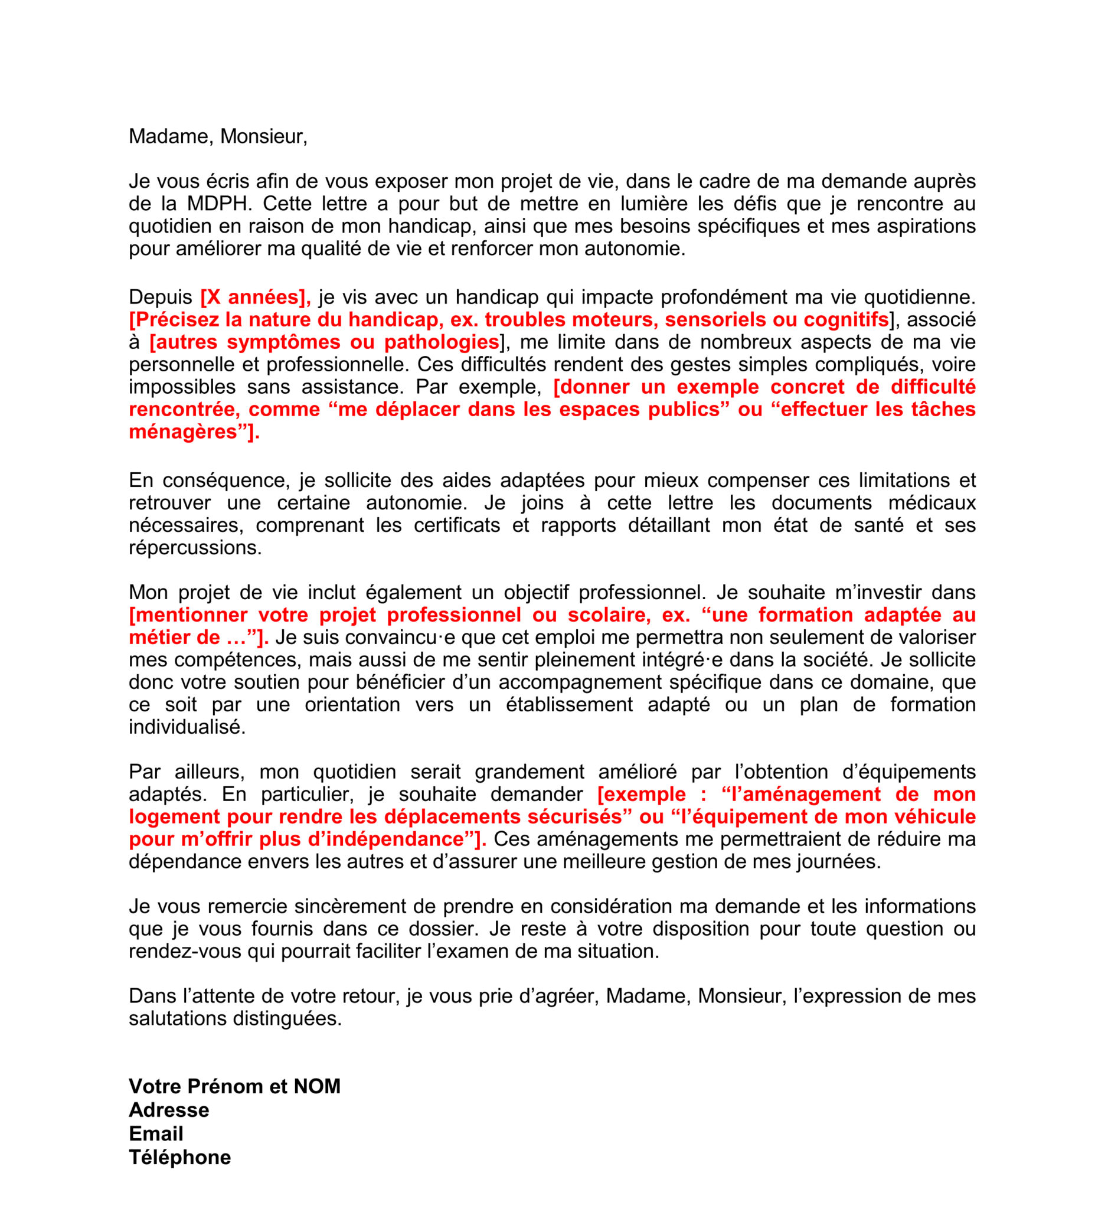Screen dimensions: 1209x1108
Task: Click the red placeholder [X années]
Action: click(256, 297)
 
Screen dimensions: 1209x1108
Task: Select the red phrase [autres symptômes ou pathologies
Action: click(323, 342)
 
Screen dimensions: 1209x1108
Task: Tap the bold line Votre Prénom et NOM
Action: click(234, 1086)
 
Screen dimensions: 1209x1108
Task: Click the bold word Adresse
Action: click(169, 1110)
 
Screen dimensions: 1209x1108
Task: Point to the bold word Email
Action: click(156, 1133)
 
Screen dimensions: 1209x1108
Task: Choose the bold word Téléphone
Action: click(180, 1157)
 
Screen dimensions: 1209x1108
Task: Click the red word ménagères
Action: click(183, 432)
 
